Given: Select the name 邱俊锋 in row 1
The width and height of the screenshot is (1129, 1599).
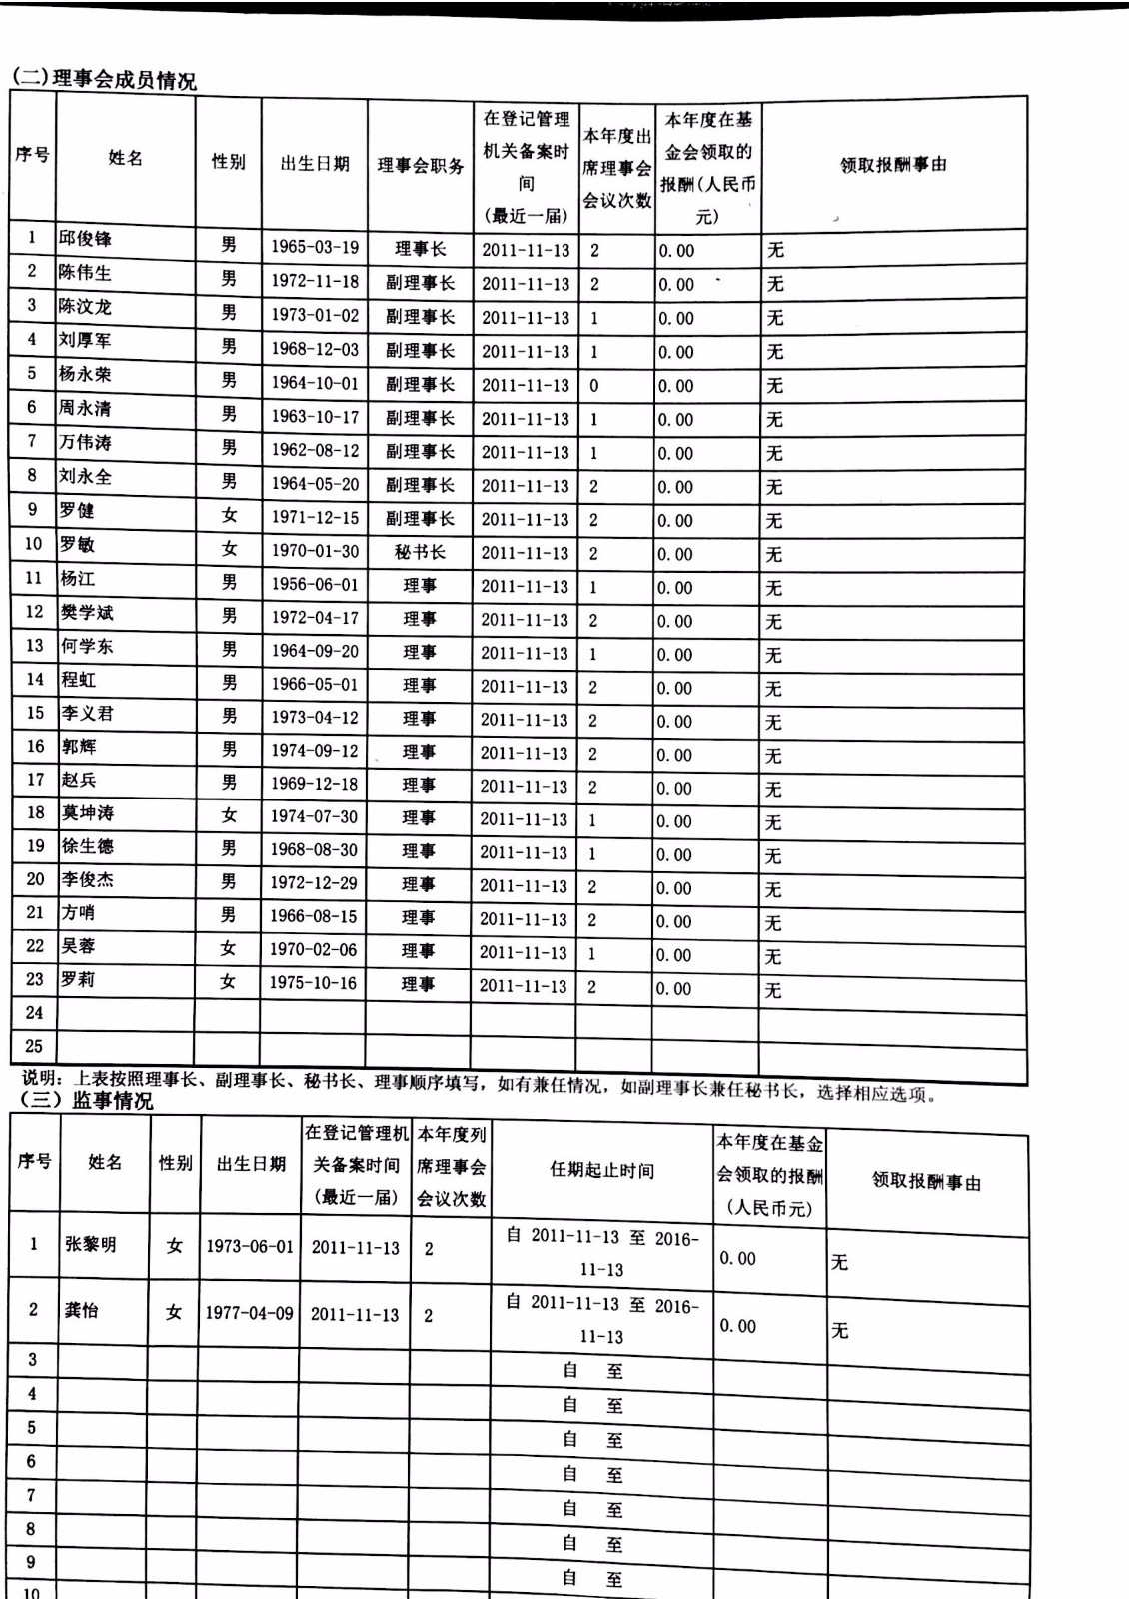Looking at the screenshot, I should pos(85,239).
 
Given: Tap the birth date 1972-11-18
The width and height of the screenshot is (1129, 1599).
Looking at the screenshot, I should pos(315,282).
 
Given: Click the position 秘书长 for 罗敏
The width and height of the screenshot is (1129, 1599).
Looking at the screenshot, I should pos(420,552).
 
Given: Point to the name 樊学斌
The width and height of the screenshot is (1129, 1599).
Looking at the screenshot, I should pos(88,612).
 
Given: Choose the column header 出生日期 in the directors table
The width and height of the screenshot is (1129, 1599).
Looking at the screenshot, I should pos(315,164).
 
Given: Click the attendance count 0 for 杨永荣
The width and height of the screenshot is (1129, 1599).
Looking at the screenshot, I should pos(594,385).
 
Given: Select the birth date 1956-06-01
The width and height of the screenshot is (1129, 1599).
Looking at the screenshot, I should pos(315,585).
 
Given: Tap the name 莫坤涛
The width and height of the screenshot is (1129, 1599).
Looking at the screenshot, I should pos(88,813).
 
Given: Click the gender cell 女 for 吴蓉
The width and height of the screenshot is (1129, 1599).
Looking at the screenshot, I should pos(228,948).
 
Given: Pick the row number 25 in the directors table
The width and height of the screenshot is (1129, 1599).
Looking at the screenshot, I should pos(34,1046).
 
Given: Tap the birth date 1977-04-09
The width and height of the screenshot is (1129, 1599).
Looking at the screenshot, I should pos(250,1312).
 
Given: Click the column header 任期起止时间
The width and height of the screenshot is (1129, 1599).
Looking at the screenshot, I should pos(602,1170).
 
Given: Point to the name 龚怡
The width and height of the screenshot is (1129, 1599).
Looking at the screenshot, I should pos(82,1309).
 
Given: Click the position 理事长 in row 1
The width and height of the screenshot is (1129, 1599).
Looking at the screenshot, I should pos(420,249).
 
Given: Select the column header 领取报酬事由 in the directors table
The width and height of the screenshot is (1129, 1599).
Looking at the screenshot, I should pos(893,165).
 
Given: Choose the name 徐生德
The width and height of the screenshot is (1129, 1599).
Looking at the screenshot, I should pos(88,847).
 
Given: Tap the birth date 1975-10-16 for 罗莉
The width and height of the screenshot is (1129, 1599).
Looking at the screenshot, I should pos(313,982).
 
